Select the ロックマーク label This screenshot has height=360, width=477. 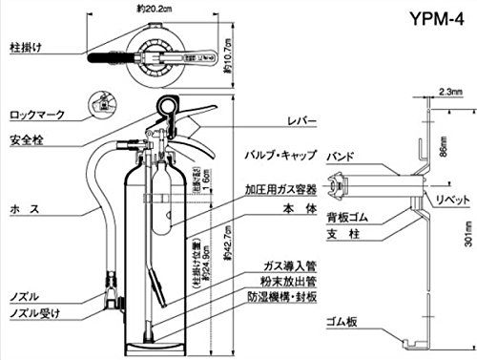pos(36,115)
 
